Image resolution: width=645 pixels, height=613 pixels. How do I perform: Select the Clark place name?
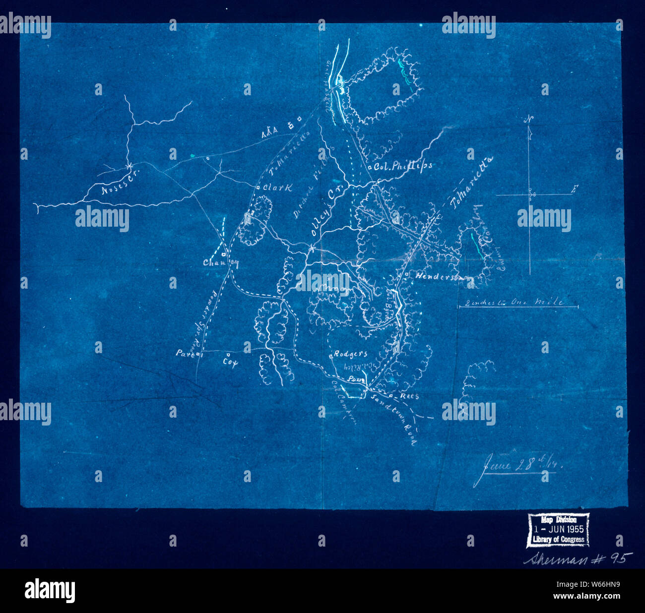277,187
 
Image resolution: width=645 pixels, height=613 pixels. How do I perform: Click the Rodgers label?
350,354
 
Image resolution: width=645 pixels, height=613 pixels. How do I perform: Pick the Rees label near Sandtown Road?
409,396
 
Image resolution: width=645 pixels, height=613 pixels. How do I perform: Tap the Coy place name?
230,363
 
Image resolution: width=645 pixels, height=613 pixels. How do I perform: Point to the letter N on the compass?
529,119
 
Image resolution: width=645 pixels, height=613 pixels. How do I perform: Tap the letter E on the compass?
574,189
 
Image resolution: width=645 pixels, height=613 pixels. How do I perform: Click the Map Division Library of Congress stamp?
558,530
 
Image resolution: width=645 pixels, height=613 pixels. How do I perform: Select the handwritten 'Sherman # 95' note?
578,558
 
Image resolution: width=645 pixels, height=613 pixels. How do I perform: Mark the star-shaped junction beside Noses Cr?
129,165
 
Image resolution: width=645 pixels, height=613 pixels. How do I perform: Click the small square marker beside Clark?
258,187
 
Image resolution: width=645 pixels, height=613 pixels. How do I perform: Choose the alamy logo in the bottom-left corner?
50,590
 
